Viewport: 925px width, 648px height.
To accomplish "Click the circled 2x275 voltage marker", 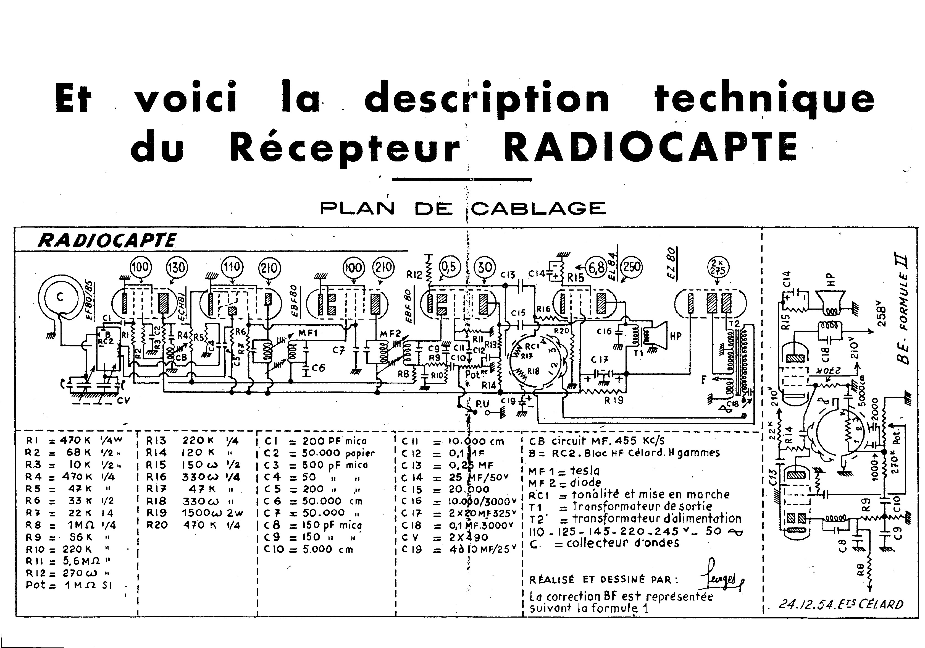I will [718, 267].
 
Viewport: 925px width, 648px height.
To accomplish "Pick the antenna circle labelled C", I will [60, 297].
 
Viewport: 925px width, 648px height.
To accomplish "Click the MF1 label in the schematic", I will [308, 333].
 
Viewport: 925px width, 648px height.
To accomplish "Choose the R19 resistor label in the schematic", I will [614, 400].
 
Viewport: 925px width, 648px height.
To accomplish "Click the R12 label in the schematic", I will [414, 275].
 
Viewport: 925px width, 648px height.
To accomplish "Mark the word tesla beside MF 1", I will [585, 471].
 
